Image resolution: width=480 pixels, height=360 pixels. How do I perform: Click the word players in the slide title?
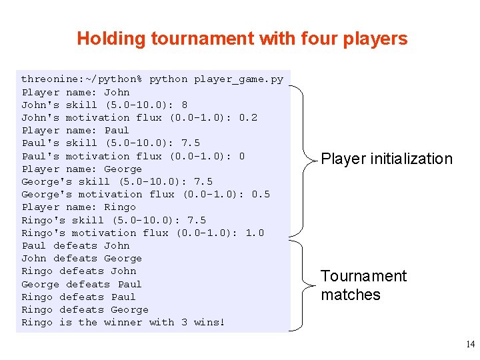coord(375,39)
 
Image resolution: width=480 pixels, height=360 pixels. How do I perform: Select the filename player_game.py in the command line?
coord(238,79)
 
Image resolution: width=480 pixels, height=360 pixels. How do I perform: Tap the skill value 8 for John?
coord(184,105)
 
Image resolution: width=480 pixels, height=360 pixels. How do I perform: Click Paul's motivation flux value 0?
coord(241,156)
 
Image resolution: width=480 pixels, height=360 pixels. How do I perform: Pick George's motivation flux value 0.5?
coord(261,194)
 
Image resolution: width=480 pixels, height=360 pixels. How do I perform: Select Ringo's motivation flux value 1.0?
coord(254,233)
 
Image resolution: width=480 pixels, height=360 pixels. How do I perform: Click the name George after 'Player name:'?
coord(123,169)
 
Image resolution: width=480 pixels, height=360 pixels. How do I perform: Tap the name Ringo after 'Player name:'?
coord(120,207)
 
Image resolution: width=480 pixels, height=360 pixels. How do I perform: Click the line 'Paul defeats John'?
coord(75,245)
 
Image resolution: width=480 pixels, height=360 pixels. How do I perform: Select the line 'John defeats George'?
coord(81,258)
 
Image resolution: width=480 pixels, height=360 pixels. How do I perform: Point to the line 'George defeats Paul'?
coord(81,284)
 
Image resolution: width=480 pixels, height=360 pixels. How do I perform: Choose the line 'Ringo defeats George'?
coord(85,309)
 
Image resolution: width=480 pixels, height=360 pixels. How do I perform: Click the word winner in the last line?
coord(123,322)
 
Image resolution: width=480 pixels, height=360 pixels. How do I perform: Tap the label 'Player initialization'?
coord(386,159)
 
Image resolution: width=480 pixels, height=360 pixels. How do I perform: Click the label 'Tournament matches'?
coord(363,285)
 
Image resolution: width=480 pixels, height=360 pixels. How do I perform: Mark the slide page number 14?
coord(470,345)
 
